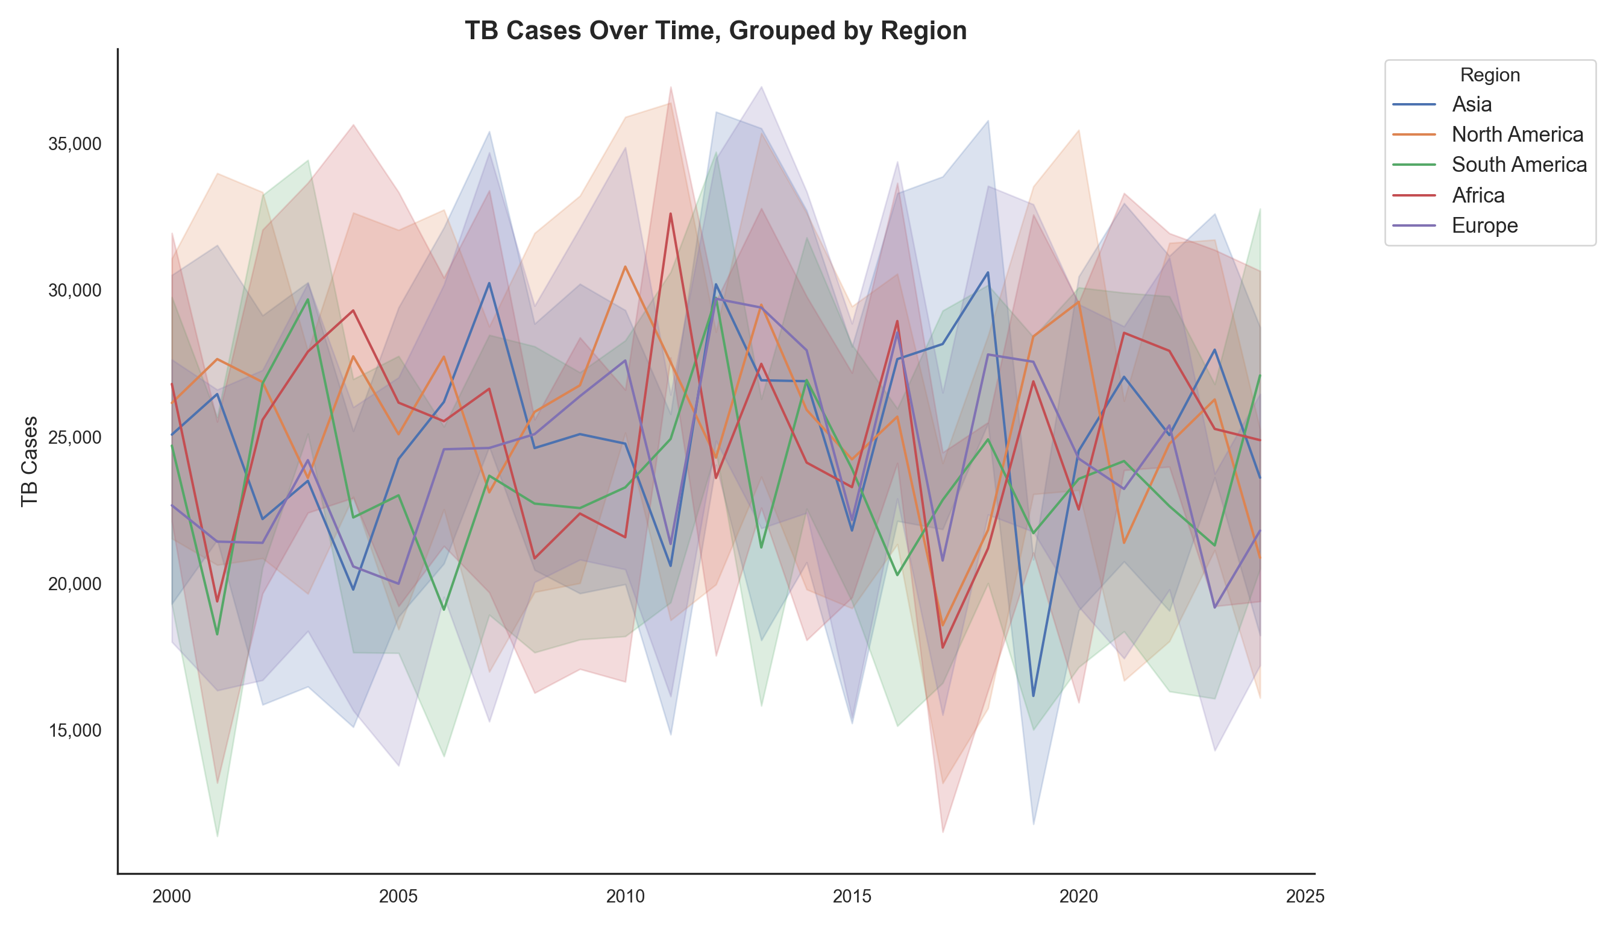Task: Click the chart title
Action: point(715,31)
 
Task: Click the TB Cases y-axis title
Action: point(30,461)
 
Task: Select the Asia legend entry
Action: point(1471,104)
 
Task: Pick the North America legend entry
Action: point(1517,134)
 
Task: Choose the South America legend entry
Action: point(1519,165)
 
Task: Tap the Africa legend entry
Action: point(1478,195)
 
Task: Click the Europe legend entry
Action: point(1484,226)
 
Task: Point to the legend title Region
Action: point(1490,75)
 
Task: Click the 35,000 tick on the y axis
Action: point(74,144)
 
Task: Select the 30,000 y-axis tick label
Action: point(74,291)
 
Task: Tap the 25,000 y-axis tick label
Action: point(74,438)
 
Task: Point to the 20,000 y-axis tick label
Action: point(74,584)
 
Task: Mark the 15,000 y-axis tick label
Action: point(74,731)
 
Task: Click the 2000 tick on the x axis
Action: point(172,896)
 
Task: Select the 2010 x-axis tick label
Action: point(625,896)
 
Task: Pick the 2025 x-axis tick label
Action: point(1305,896)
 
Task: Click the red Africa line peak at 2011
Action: point(670,215)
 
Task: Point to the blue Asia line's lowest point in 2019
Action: point(1033,696)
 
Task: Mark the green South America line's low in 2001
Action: point(217,634)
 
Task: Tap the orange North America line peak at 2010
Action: point(625,266)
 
